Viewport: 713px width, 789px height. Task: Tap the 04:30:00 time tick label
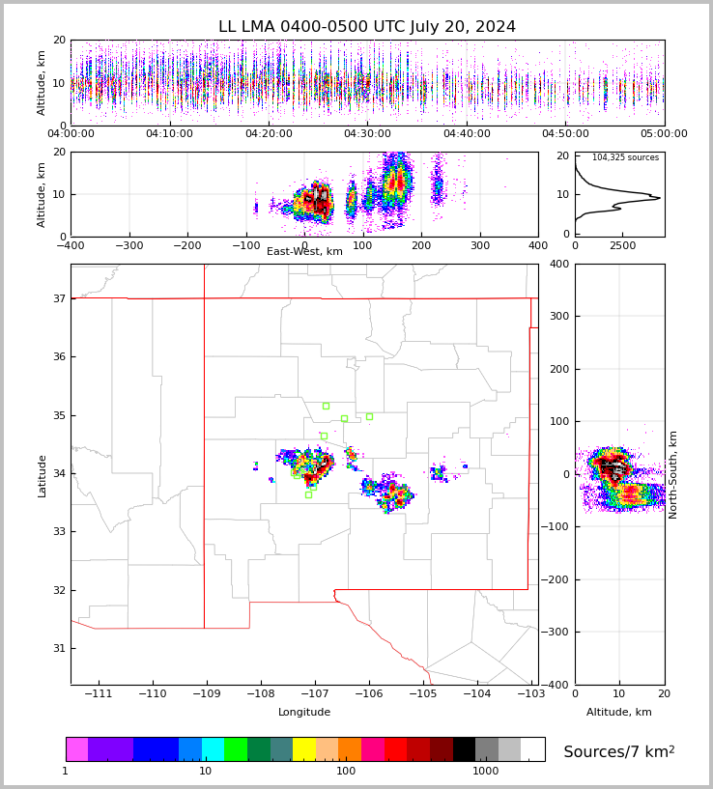[x=367, y=134]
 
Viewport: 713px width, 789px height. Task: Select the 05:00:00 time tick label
[x=664, y=134]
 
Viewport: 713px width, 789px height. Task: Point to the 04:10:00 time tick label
[x=169, y=134]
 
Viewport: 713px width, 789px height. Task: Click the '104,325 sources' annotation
[x=625, y=157]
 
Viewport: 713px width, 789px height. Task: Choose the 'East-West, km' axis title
[x=304, y=252]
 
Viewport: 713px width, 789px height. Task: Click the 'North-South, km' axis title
[x=673, y=474]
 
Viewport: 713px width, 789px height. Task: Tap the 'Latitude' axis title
[x=42, y=475]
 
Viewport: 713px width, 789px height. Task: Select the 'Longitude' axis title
[x=304, y=713]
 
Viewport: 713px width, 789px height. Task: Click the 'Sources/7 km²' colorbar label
[x=619, y=751]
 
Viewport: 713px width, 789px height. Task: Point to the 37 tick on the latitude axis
[x=59, y=299]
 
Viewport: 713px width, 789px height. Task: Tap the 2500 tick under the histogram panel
[x=622, y=246]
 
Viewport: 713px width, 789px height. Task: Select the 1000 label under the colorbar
[x=485, y=772]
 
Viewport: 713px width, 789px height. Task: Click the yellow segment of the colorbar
[x=304, y=749]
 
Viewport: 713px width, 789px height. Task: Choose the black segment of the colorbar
[x=464, y=749]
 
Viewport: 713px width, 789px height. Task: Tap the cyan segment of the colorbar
[x=213, y=749]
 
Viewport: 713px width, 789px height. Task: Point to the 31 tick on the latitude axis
[x=59, y=648]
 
